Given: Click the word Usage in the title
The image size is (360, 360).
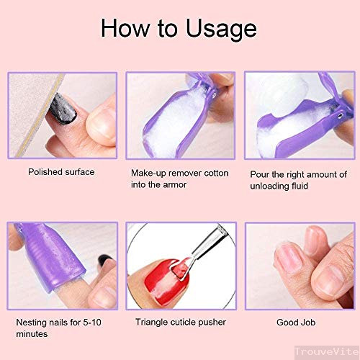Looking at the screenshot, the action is tap(221, 30).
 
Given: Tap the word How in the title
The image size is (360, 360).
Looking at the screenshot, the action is tap(125, 28).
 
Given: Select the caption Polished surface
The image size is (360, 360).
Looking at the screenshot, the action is tap(61, 172).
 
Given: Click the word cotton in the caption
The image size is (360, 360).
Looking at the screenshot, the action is tap(216, 173).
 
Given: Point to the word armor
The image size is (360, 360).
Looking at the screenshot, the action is tap(175, 185).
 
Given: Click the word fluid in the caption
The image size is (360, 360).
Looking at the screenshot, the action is tap(300, 186).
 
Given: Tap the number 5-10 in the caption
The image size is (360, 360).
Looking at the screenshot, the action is tap(92, 323).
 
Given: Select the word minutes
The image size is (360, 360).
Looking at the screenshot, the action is tap(32, 334).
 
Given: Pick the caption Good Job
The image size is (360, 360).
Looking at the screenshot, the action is tap(296, 323).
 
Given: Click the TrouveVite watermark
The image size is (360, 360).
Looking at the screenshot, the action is tap(327, 352).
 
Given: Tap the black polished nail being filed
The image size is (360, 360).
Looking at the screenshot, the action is tap(63, 109).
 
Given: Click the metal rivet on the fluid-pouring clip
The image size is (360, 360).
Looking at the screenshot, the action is tap(340, 116).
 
